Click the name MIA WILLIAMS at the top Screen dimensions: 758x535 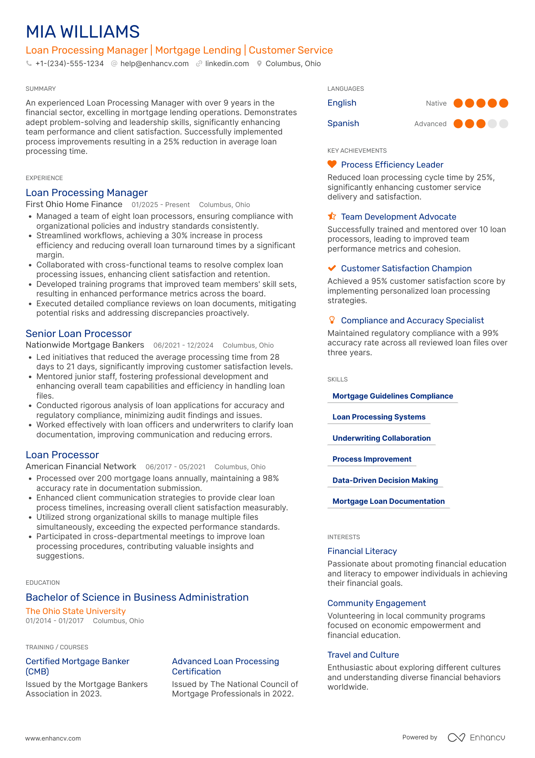[x=83, y=32]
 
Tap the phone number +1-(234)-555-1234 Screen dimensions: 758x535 [x=69, y=64]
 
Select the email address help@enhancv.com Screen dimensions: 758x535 [x=154, y=64]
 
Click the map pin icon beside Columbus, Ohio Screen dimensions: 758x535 [x=259, y=64]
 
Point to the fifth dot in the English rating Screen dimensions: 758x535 [x=504, y=103]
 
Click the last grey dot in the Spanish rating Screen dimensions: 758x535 [x=504, y=123]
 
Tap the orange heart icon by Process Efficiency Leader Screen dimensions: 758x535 [x=332, y=164]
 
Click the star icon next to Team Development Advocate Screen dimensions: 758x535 [x=332, y=216]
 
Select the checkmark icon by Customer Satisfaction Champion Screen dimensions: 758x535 [x=332, y=268]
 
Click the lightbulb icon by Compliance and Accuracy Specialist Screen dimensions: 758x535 [x=332, y=320]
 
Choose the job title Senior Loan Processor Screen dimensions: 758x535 [x=79, y=334]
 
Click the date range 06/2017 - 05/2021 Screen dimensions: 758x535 [x=175, y=467]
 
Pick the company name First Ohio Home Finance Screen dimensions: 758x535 [x=74, y=204]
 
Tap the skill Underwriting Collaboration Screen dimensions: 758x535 [x=381, y=438]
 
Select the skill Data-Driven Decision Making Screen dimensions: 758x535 [x=385, y=480]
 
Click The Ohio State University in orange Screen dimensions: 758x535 [x=76, y=611]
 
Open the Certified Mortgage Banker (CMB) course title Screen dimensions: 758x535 [x=77, y=666]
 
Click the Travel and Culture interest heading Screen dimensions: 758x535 [x=363, y=655]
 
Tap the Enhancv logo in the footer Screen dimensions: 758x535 [x=477, y=737]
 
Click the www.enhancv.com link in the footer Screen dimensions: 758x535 [x=53, y=738]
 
